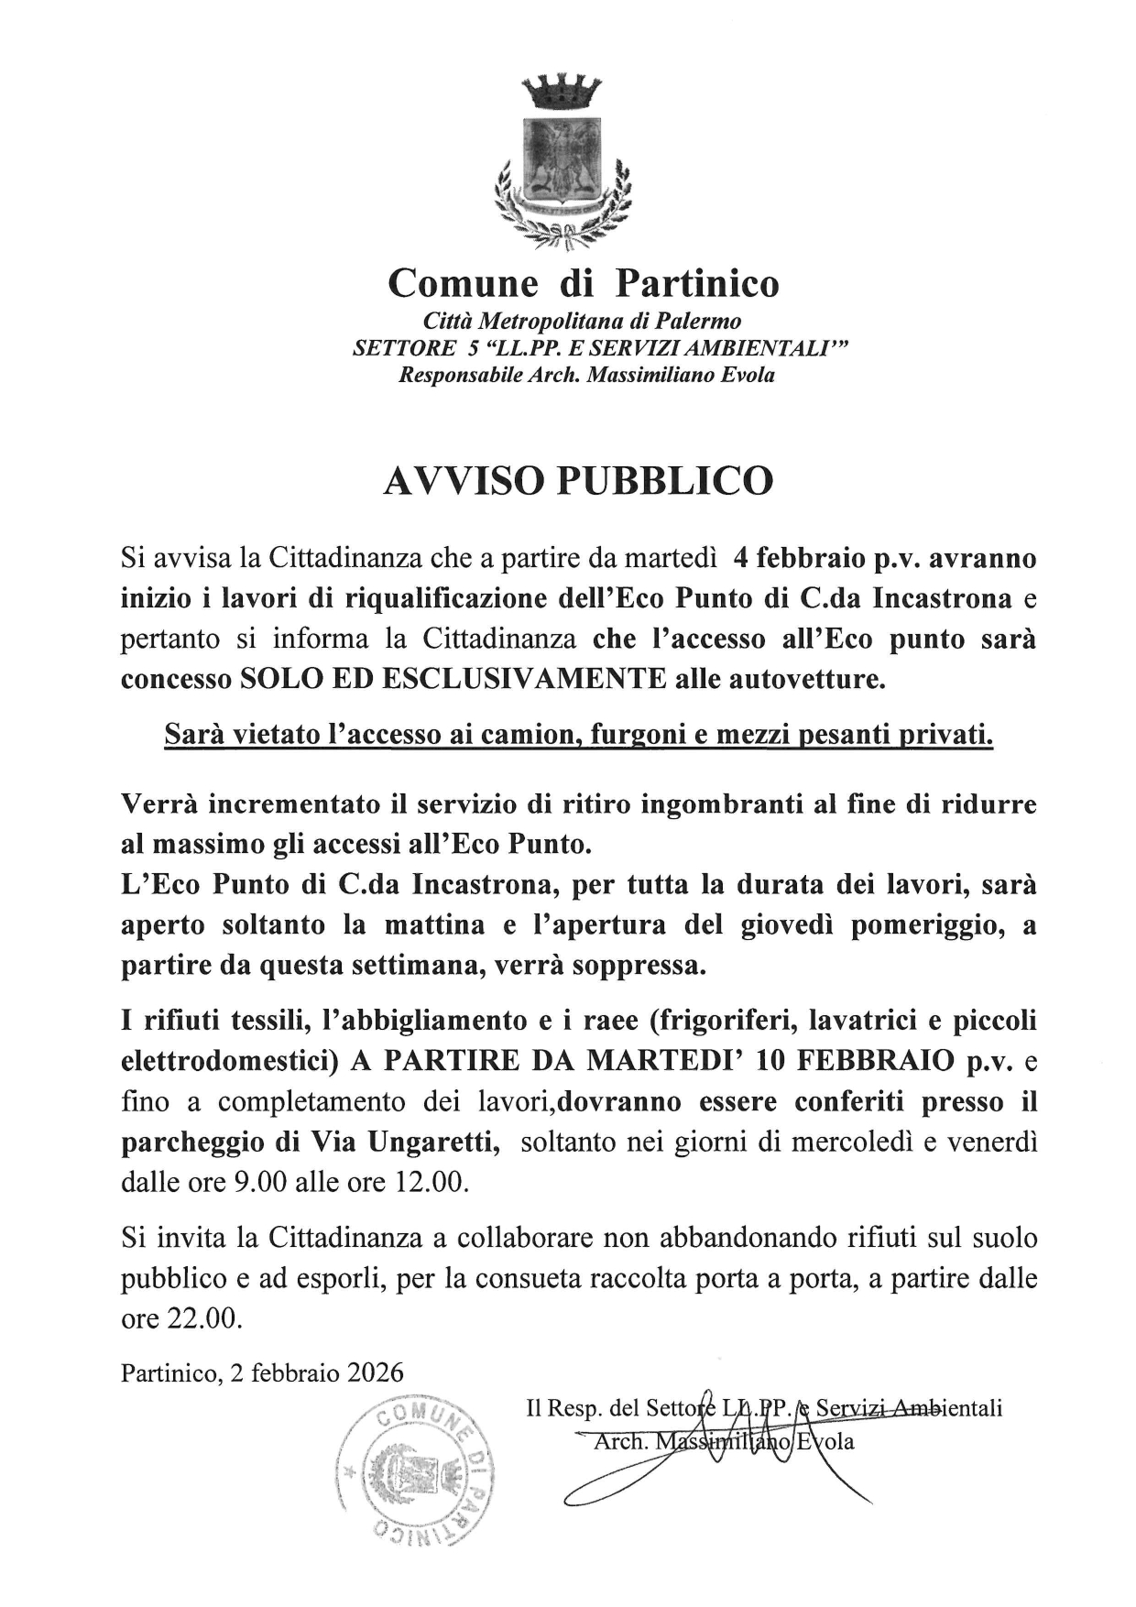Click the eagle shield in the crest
click(x=561, y=162)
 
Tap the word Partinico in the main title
click(x=696, y=283)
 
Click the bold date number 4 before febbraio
click(x=740, y=558)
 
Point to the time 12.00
click(x=431, y=1182)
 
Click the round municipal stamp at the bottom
click(x=414, y=1472)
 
